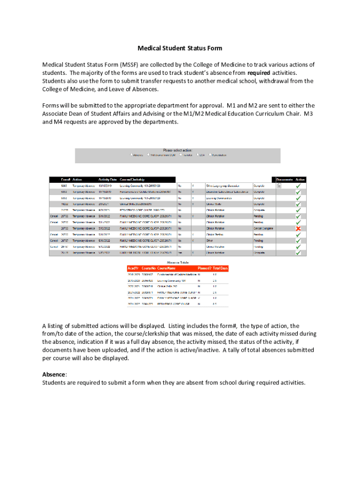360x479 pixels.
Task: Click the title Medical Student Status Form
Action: point(180,48)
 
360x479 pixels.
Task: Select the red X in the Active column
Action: point(298,228)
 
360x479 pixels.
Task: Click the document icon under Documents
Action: point(279,186)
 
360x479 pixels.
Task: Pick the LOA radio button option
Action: point(197,155)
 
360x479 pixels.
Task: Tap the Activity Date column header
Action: point(107,179)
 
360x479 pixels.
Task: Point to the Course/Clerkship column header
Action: point(132,179)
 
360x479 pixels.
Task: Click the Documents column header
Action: point(284,179)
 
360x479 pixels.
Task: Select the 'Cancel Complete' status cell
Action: point(263,228)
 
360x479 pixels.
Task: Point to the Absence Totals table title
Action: point(178,262)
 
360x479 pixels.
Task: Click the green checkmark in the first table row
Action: point(298,186)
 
